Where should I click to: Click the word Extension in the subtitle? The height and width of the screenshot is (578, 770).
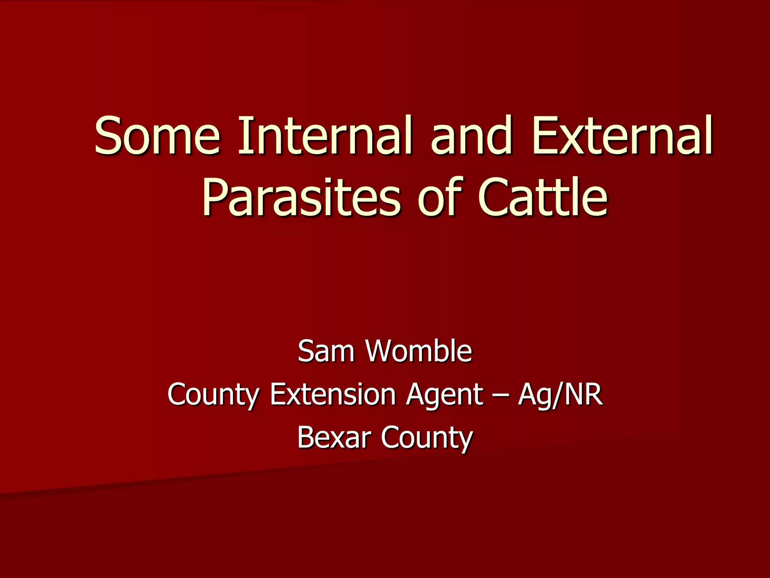point(333,394)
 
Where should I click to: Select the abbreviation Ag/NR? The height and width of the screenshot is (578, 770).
point(560,394)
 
